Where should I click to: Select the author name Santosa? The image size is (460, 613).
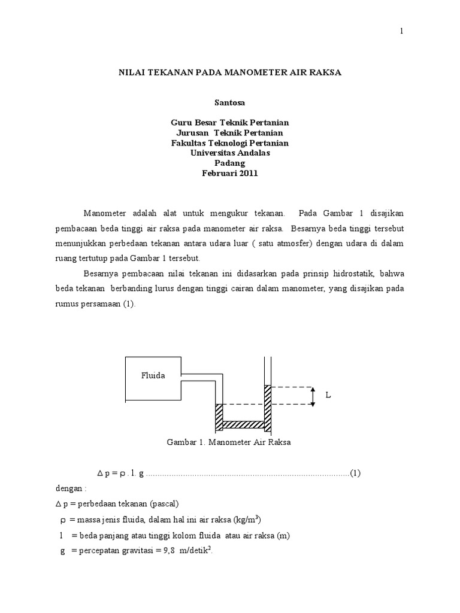(x=229, y=103)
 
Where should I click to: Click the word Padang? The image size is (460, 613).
(x=230, y=163)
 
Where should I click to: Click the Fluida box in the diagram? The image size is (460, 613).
(x=153, y=377)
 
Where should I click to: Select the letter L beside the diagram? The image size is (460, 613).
(x=328, y=396)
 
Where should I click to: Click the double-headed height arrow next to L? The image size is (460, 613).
(x=312, y=396)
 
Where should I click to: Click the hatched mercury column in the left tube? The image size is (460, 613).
(x=219, y=417)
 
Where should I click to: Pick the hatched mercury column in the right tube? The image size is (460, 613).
(x=268, y=407)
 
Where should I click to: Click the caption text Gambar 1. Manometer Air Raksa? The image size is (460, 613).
(x=229, y=443)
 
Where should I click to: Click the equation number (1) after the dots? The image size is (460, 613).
(x=355, y=473)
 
